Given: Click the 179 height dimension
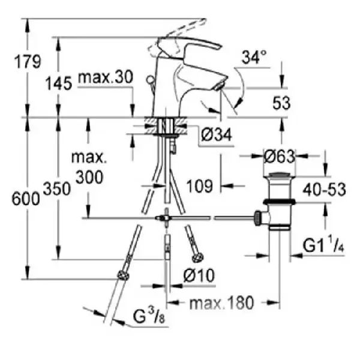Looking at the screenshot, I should (28, 61).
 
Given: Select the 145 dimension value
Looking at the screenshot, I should (59, 83).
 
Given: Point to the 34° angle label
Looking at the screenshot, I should (253, 58).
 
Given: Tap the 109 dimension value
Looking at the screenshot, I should (199, 186).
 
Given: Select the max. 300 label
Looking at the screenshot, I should (88, 168).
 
